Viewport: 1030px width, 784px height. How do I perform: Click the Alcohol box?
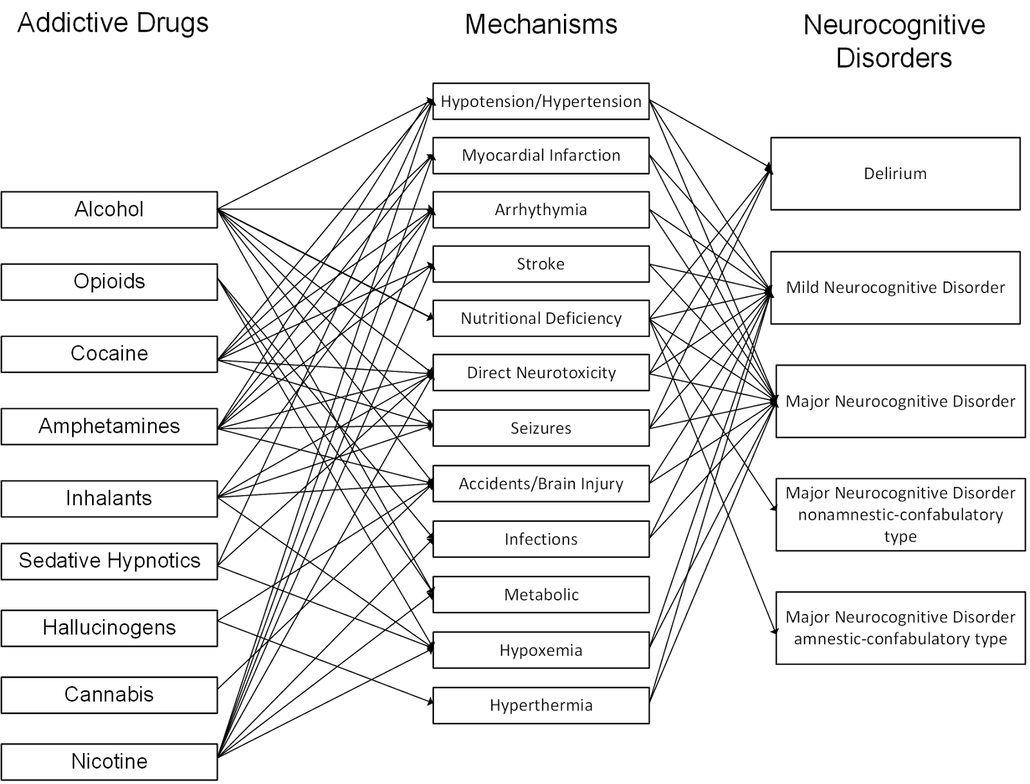pyautogui.click(x=109, y=209)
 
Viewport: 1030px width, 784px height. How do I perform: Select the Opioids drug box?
pyautogui.click(x=109, y=282)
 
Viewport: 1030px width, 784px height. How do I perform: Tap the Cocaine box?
pyautogui.click(x=109, y=354)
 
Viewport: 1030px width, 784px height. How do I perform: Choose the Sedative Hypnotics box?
pyautogui.click(x=109, y=560)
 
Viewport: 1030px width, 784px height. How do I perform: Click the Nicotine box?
pyautogui.click(x=109, y=761)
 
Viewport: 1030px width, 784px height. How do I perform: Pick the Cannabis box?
pyautogui.click(x=109, y=694)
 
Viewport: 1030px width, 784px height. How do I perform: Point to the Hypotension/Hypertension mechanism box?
pyautogui.click(x=541, y=101)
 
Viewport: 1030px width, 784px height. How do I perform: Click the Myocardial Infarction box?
pyautogui.click(x=541, y=155)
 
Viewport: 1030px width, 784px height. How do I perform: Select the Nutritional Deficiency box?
pyautogui.click(x=541, y=318)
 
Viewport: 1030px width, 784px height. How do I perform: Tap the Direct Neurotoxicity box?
pyautogui.click(x=541, y=372)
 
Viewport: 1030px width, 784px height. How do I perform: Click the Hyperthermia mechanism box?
pyautogui.click(x=541, y=705)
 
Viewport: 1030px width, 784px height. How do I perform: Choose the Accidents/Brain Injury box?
pyautogui.click(x=541, y=484)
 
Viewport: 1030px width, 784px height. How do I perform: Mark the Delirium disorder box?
pyautogui.click(x=895, y=173)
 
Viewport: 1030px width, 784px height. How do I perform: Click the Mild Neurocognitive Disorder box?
pyautogui.click(x=895, y=287)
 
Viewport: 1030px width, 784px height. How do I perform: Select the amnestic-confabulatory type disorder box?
pyautogui.click(x=900, y=628)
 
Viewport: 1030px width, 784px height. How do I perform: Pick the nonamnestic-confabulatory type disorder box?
pyautogui.click(x=900, y=514)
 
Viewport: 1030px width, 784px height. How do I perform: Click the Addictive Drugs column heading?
pyautogui.click(x=113, y=23)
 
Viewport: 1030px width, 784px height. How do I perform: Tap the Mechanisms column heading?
pyautogui.click(x=541, y=24)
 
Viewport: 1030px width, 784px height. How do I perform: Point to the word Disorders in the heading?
pyautogui.click(x=894, y=58)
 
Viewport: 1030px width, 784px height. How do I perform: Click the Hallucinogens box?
pyautogui.click(x=109, y=627)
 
